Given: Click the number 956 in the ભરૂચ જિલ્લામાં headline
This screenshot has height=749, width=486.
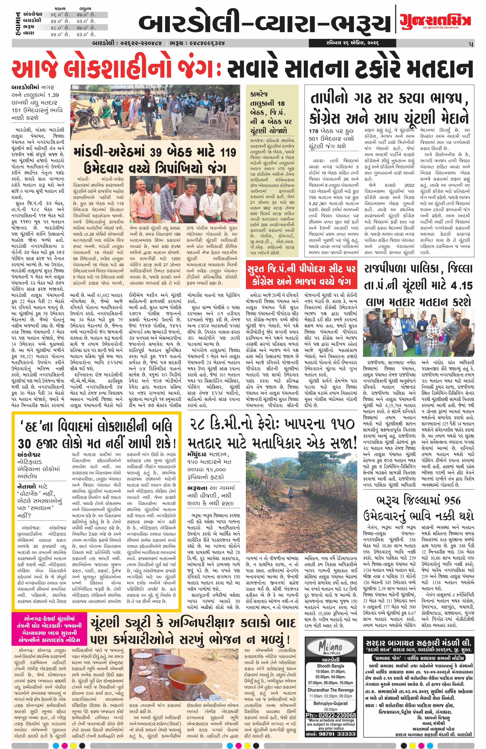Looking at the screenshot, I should click(x=448, y=500).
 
